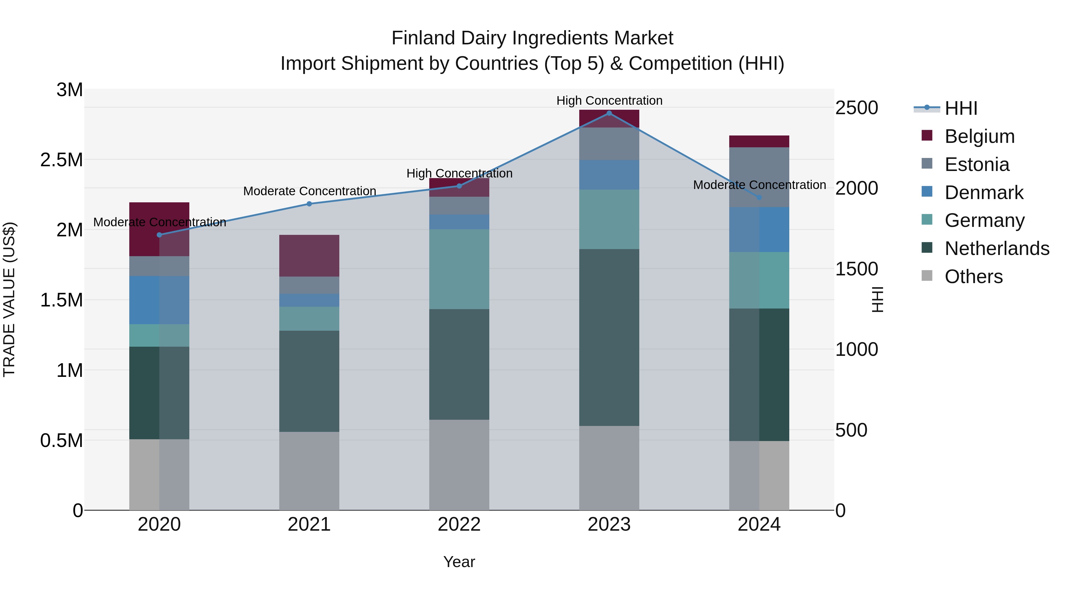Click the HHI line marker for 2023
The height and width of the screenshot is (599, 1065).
(x=609, y=113)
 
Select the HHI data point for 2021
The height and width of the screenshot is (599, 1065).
(x=309, y=204)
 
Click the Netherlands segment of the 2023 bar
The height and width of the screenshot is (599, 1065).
(x=609, y=337)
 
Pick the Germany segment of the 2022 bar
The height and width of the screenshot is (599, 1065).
(x=459, y=269)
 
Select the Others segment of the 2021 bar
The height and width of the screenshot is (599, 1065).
(x=309, y=471)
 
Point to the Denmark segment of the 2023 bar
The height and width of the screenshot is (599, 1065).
(x=609, y=175)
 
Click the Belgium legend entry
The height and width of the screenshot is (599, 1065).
(x=979, y=136)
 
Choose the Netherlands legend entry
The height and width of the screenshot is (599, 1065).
(x=996, y=248)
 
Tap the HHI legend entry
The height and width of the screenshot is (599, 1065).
(x=960, y=108)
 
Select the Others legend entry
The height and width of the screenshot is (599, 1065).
(x=973, y=277)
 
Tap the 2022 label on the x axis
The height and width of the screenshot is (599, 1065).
(x=459, y=524)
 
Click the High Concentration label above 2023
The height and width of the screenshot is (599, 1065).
(x=609, y=101)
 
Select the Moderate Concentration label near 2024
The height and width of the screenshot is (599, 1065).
(x=759, y=185)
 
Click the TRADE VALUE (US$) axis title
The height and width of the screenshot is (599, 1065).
(x=9, y=299)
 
